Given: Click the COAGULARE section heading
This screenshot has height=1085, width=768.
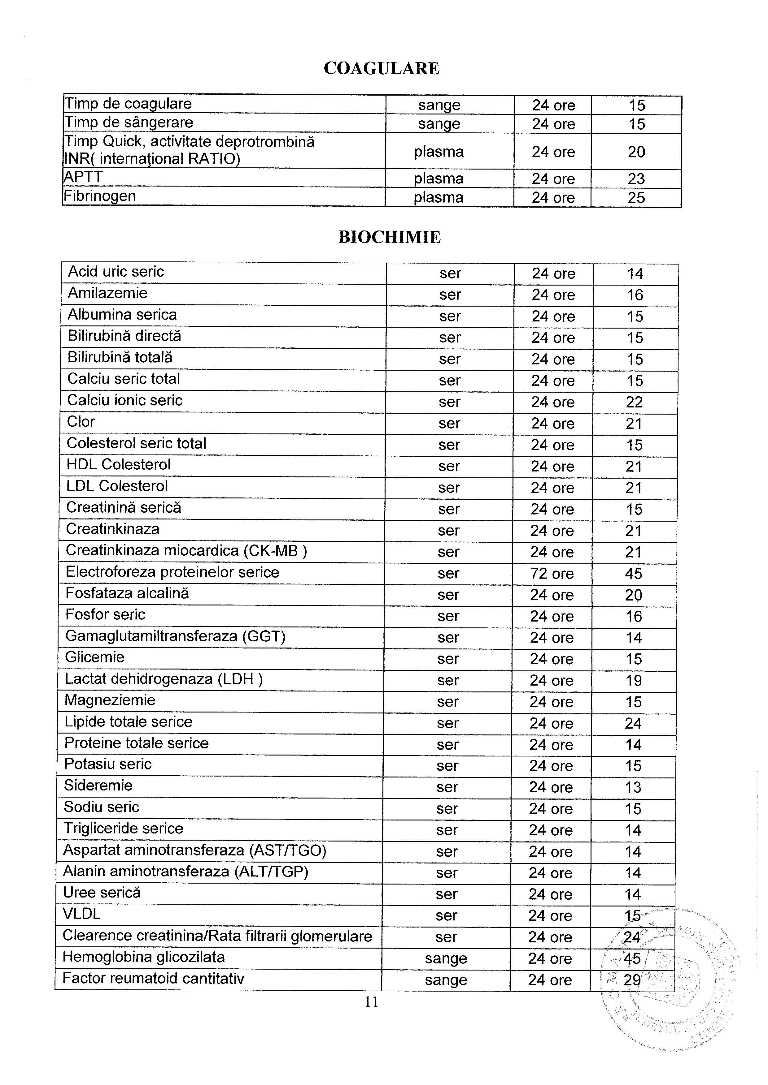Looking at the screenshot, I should (x=382, y=68).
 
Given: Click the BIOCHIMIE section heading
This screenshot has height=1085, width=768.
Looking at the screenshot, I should (x=389, y=237).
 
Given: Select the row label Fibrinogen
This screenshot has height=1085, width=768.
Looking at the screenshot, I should (x=100, y=196).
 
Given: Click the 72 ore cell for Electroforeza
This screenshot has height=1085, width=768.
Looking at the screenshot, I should (x=552, y=573).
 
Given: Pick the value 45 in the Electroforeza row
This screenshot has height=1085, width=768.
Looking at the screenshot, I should (x=633, y=573).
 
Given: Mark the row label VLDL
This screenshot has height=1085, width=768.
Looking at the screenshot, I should (x=82, y=914).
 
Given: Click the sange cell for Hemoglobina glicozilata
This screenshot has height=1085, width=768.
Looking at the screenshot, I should (x=446, y=958).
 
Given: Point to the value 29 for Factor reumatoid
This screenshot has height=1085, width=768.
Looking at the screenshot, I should (x=632, y=980).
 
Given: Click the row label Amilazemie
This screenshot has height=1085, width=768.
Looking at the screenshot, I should (x=107, y=293).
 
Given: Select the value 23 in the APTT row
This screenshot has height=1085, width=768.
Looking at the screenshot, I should (x=636, y=179).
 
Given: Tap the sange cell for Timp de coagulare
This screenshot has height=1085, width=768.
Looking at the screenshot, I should (x=439, y=105).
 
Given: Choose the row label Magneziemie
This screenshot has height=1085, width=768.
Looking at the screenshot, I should (x=110, y=700).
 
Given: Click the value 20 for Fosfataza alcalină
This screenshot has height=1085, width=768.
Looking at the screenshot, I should (x=633, y=595).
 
